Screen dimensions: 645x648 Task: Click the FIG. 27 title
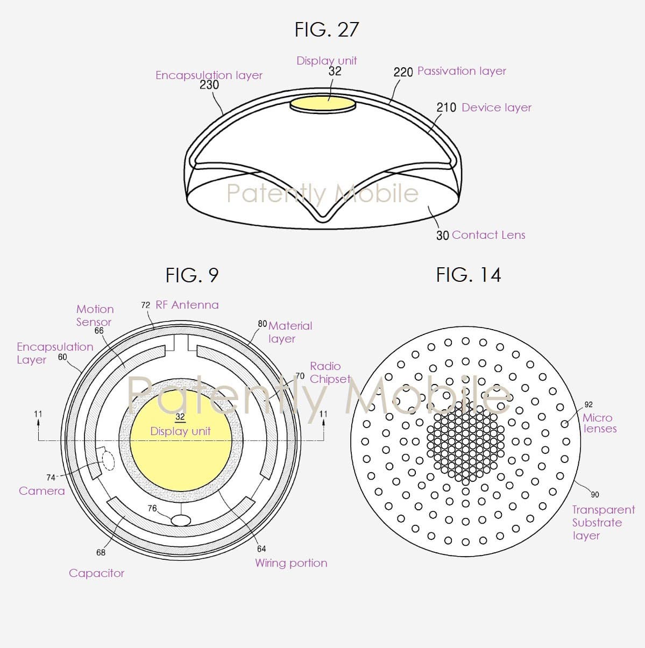(327, 30)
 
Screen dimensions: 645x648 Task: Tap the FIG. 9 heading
(192, 275)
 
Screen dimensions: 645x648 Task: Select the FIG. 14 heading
(469, 275)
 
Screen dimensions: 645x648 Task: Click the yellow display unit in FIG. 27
(323, 104)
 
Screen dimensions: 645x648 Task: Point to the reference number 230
(209, 85)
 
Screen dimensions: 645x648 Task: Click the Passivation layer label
(462, 72)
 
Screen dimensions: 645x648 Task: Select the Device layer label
(497, 108)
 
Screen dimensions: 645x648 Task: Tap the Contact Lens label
(488, 235)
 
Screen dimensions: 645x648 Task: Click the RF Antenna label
(187, 305)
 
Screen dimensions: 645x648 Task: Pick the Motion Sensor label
(95, 316)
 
